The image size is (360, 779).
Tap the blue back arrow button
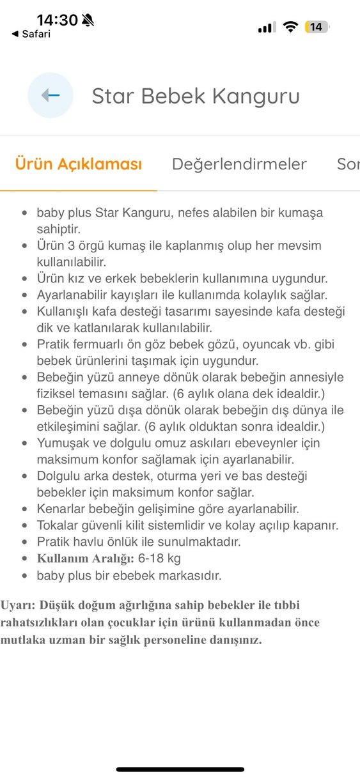[x=50, y=95]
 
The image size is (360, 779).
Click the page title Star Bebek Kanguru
[x=196, y=96]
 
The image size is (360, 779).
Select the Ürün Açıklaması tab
[x=78, y=164]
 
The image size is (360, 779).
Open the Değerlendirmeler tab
[x=239, y=164]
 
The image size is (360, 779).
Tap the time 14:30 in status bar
[x=57, y=20]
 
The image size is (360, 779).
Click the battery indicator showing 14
[x=317, y=27]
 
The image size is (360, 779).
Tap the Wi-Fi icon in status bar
[x=291, y=27]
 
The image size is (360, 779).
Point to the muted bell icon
[x=88, y=20]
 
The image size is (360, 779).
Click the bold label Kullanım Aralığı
[x=85, y=559]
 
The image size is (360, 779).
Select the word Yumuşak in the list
[x=62, y=442]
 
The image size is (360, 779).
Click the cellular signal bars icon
[x=267, y=27]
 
